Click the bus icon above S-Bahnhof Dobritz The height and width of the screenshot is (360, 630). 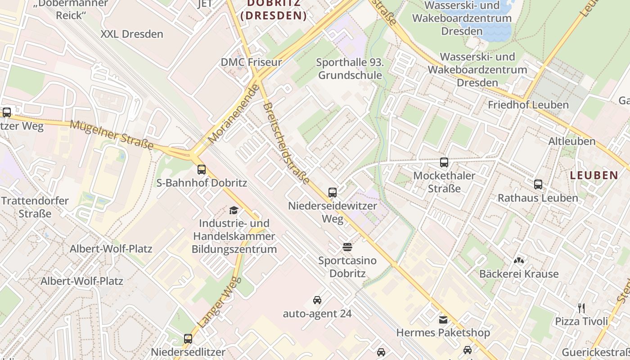pyautogui.click(x=202, y=170)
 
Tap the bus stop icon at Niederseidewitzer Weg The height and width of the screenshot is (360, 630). pyautogui.click(x=333, y=193)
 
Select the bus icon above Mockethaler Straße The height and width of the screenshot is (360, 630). pyautogui.click(x=444, y=162)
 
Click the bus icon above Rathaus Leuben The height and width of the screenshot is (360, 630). pyautogui.click(x=538, y=184)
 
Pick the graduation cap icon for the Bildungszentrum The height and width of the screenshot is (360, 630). pyautogui.click(x=234, y=210)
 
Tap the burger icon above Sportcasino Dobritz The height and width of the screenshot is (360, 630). pyautogui.click(x=347, y=247)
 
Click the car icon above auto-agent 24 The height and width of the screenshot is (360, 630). pyautogui.click(x=317, y=300)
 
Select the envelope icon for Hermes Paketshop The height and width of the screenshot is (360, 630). pyautogui.click(x=443, y=319)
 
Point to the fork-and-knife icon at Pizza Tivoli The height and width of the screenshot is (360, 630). pyautogui.click(x=581, y=308)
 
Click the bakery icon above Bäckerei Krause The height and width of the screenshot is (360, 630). pyautogui.click(x=519, y=261)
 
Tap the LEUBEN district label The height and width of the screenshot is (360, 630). pyautogui.click(x=594, y=175)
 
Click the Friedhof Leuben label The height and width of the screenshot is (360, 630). pyautogui.click(x=528, y=105)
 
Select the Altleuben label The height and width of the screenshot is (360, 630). pyautogui.click(x=571, y=141)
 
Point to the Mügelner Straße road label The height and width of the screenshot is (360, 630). pyautogui.click(x=112, y=135)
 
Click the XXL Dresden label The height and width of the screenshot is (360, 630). pyautogui.click(x=132, y=34)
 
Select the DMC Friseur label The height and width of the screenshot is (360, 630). pyautogui.click(x=251, y=62)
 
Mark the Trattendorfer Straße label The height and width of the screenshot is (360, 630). pyautogui.click(x=35, y=207)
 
